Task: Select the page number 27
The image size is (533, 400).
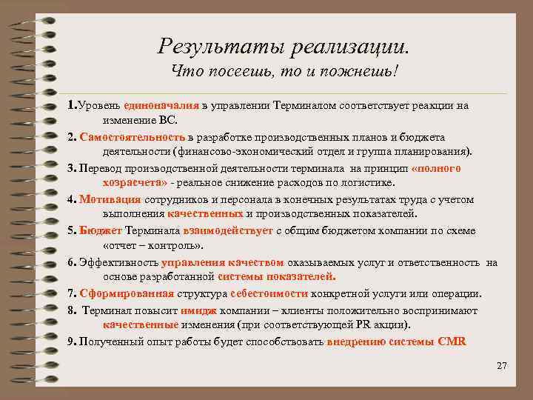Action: point(501,366)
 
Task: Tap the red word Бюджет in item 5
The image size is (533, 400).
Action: point(101,230)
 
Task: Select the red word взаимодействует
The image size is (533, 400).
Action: point(224,230)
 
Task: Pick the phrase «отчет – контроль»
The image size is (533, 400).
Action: point(153,245)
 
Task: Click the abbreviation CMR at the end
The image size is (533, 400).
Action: point(452,341)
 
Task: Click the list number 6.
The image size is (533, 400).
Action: point(70,262)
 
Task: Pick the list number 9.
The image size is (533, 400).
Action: point(70,341)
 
